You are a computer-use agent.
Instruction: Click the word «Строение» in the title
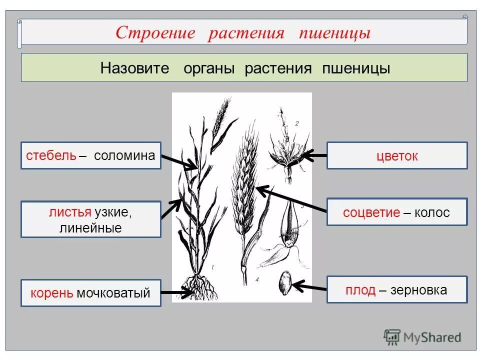point(154,33)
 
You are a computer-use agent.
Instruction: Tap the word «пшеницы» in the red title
point(335,33)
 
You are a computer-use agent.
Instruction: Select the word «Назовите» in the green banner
point(135,68)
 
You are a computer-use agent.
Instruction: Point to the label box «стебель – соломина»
point(91,155)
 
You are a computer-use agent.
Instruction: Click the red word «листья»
point(70,212)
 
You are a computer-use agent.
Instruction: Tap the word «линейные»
point(90,228)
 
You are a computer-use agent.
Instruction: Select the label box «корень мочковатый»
point(91,293)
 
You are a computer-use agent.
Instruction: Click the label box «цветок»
point(397,155)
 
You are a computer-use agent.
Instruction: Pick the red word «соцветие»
point(371,212)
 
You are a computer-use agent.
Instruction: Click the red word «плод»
point(360,290)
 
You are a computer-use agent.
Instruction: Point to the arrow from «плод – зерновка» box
point(310,287)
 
